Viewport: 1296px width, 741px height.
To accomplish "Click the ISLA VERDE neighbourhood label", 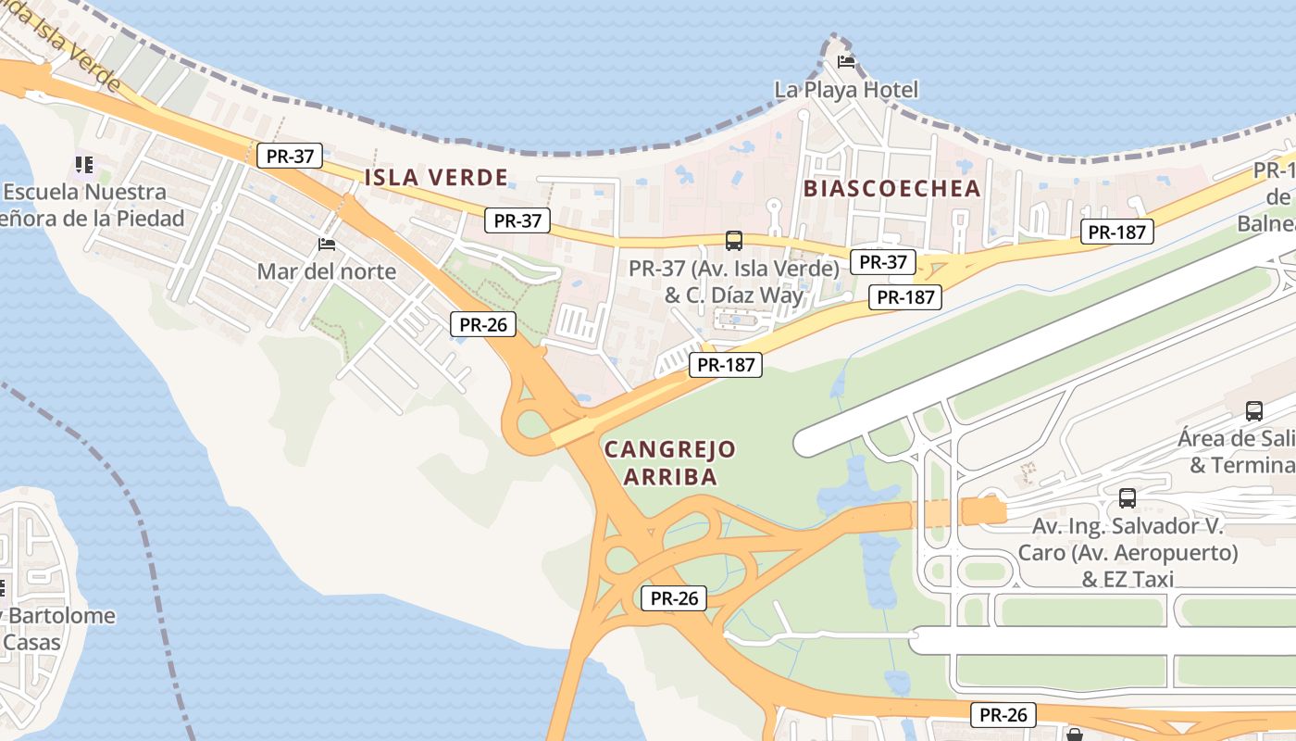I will [x=436, y=177].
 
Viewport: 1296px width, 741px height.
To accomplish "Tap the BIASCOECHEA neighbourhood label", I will [x=891, y=188].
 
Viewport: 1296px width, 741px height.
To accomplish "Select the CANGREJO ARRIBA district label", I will [x=670, y=463].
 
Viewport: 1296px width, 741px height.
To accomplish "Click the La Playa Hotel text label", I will [x=846, y=90].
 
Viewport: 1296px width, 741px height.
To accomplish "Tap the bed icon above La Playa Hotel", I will [x=845, y=62].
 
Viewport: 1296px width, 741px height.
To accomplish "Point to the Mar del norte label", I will [x=326, y=271].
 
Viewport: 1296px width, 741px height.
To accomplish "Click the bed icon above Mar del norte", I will [x=326, y=245].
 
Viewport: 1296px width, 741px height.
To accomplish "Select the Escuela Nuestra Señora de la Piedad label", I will [x=93, y=206].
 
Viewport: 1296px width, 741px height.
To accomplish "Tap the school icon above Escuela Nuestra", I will [x=84, y=165].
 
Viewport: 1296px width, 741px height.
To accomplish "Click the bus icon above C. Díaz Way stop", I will [x=733, y=241].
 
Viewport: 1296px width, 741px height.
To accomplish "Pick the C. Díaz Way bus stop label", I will [x=733, y=282].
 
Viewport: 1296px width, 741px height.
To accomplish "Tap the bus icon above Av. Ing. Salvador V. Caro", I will [x=1127, y=498].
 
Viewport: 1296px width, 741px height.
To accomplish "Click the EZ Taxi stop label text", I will [x=1127, y=553].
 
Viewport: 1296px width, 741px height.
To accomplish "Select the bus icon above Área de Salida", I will [x=1254, y=410].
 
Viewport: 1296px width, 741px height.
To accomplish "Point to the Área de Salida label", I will [x=1240, y=451].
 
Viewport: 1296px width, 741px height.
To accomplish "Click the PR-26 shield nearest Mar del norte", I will [x=482, y=324].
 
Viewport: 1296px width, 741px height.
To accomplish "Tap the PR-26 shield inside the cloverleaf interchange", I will [x=674, y=598].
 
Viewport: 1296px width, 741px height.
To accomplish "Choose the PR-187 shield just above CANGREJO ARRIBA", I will [x=725, y=365].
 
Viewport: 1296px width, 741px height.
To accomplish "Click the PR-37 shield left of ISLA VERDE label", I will [x=289, y=157].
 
